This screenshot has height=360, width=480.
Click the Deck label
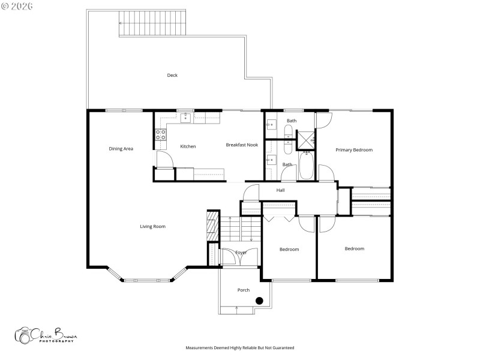tap(172, 76)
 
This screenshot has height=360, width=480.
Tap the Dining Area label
tap(121, 149)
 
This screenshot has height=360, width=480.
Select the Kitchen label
tap(188, 146)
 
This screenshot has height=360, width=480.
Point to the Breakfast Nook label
tap(242, 145)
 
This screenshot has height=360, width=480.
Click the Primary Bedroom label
tap(353, 150)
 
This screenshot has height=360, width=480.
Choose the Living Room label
tap(152, 226)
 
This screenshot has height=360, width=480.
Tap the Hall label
tap(280, 190)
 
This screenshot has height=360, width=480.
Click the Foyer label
tap(241, 253)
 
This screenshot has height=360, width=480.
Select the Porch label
tap(244, 290)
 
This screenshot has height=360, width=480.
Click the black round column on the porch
tap(259, 301)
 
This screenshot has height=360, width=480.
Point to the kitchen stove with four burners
tap(161, 135)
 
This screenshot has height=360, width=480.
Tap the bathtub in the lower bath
tap(307, 165)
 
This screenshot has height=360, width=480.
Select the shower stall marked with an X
tap(306, 139)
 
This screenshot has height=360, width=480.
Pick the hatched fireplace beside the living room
tap(212, 225)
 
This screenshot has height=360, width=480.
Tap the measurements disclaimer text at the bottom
tap(240, 347)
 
